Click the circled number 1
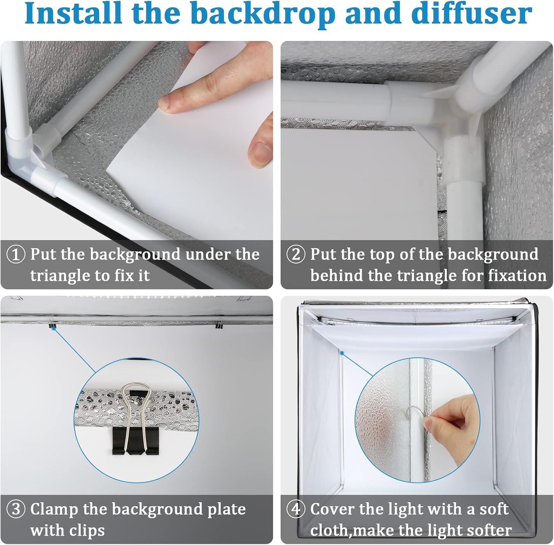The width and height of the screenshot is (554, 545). [16, 255]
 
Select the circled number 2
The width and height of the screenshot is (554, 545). [296, 255]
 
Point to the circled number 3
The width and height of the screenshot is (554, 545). [16, 510]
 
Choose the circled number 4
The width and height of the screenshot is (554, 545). [296, 510]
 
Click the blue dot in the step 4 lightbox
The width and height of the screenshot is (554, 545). [342, 353]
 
